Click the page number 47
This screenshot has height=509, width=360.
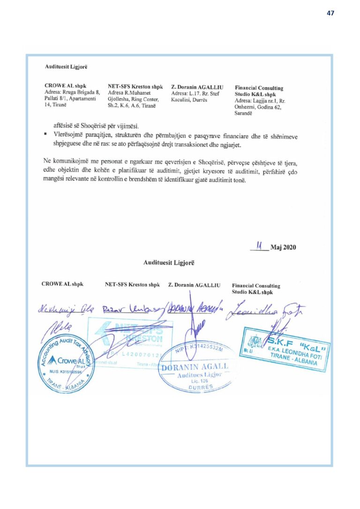point(330,13)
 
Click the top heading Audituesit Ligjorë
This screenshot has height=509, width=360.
point(66,67)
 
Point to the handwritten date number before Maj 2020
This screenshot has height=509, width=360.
point(259,247)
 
